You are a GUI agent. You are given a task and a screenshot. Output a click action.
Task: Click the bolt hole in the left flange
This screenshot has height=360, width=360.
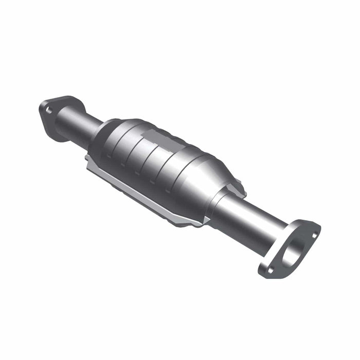click(49, 109)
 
